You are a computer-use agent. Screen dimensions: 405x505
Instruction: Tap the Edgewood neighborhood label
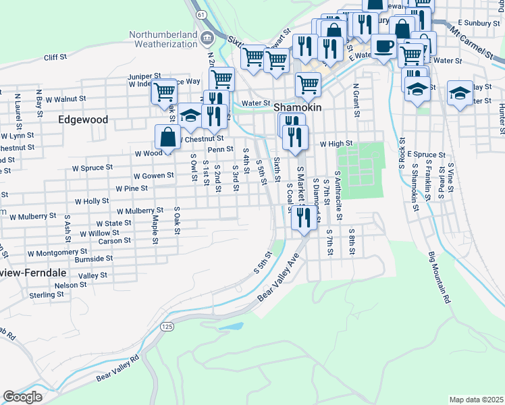pos(83,119)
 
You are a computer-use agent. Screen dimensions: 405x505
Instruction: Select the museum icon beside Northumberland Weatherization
pos(207,36)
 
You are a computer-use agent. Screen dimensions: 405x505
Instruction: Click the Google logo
pos(22,397)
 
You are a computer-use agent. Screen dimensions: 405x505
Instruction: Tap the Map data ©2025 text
pos(476,400)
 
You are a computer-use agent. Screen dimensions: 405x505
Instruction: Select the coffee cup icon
pos(384,47)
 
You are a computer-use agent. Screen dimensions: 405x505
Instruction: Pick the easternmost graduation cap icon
pos(460,93)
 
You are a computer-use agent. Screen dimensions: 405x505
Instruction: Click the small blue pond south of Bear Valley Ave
pos(232,327)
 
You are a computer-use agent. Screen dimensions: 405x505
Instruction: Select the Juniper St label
pos(144,76)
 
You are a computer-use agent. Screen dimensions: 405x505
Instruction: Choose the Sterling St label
pos(46,295)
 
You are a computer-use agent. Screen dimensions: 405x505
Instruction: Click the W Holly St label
pos(92,201)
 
